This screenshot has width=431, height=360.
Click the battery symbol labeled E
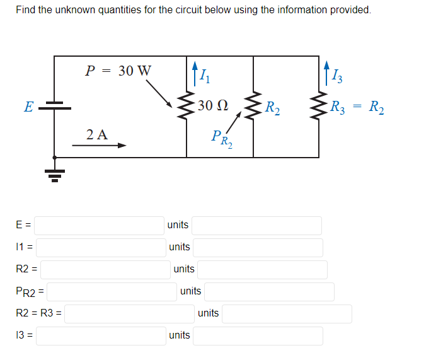point(55,108)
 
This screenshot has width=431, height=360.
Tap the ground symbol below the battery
point(55,172)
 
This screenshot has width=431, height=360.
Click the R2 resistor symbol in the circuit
point(253,108)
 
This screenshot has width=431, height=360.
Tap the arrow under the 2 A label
point(99,146)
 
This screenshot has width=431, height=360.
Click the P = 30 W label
point(118,71)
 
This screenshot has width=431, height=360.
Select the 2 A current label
point(97,134)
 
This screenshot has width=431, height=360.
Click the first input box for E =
point(99,225)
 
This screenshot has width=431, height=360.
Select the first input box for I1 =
point(101,247)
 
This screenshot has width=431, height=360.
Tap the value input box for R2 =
point(105,269)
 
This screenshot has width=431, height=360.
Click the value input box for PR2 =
point(112,291)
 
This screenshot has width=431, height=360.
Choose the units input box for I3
point(257,335)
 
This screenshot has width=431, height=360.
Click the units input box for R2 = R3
point(286,313)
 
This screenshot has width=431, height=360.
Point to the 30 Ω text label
point(212,105)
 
